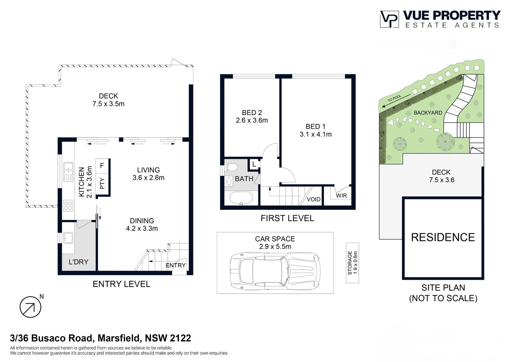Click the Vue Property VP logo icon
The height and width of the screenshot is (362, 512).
click(x=389, y=19)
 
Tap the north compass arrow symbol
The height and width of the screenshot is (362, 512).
click(x=30, y=307)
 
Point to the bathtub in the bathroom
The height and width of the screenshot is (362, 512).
click(x=241, y=198)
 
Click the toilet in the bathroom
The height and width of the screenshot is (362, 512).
click(x=232, y=167)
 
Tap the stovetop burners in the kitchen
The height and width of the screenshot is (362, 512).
click(x=68, y=205)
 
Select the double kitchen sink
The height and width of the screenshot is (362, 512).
click(x=68, y=172)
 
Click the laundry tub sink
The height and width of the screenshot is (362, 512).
click(x=69, y=238)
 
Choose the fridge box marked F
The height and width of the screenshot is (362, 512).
click(x=102, y=166)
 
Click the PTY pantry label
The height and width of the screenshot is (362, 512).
click(x=102, y=183)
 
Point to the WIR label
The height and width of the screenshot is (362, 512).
click(x=341, y=195)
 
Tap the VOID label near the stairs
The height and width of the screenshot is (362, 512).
click(x=314, y=199)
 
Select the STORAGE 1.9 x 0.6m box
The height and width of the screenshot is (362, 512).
click(x=352, y=263)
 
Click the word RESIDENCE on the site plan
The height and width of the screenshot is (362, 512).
click(x=443, y=237)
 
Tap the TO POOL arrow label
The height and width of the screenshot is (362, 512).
click(x=395, y=100)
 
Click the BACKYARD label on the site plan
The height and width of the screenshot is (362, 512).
click(x=428, y=113)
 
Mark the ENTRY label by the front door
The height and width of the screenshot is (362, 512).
click(x=175, y=265)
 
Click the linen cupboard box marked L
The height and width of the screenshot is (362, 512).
click(x=254, y=164)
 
